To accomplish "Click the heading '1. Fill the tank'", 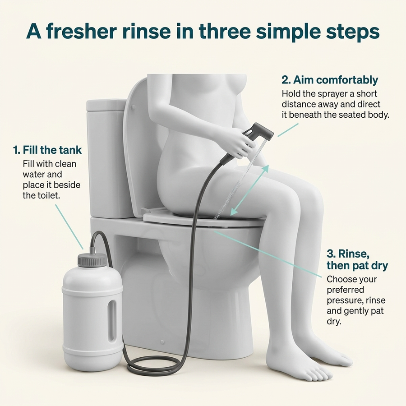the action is point(47,150).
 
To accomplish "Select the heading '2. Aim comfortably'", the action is point(330,80).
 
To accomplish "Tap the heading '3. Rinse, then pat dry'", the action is point(357,259).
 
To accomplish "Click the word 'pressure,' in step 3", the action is point(345,300).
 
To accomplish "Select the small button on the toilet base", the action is point(162,342).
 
